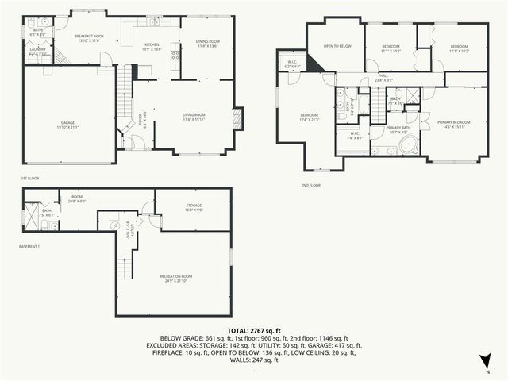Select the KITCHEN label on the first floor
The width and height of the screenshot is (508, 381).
(x=152, y=44)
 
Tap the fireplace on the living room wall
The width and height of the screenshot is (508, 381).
(x=237, y=117)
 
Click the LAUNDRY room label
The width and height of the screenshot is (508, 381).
(x=37, y=49)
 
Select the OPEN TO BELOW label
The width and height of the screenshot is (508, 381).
(x=337, y=46)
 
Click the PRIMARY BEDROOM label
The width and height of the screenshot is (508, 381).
(x=454, y=121)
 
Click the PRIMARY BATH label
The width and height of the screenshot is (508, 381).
(x=398, y=127)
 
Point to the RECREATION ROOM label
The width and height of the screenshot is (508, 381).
(x=175, y=276)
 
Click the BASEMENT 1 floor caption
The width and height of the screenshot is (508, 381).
(x=29, y=247)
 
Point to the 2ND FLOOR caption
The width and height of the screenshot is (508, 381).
(x=310, y=185)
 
